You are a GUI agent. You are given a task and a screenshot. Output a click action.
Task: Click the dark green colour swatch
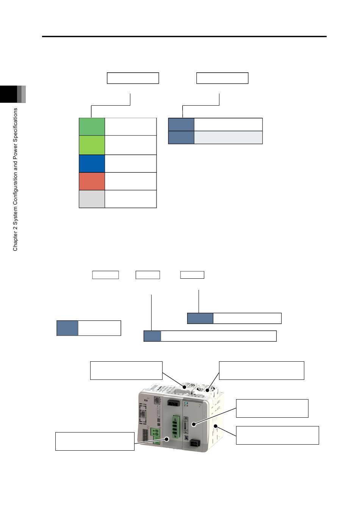tap(92, 126)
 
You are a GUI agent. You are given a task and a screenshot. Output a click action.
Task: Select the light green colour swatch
tap(92, 145)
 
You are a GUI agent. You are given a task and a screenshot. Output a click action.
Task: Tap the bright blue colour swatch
tap(92, 164)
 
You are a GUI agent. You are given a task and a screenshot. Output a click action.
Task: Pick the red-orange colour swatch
tap(92, 181)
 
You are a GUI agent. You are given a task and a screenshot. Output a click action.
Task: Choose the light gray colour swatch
tap(92, 199)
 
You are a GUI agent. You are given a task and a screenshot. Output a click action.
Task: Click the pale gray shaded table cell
tap(228, 137)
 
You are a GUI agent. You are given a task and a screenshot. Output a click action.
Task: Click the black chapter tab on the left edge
tap(9, 94)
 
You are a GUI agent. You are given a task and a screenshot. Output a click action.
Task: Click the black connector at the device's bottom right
tap(195, 443)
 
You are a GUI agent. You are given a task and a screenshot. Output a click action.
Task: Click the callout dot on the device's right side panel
tap(215, 426)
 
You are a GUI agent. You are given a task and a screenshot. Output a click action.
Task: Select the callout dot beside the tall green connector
tap(166, 439)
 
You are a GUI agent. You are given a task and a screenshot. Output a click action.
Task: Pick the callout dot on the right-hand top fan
tap(207, 390)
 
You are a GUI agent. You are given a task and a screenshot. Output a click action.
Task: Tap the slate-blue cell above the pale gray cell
tap(181, 125)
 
